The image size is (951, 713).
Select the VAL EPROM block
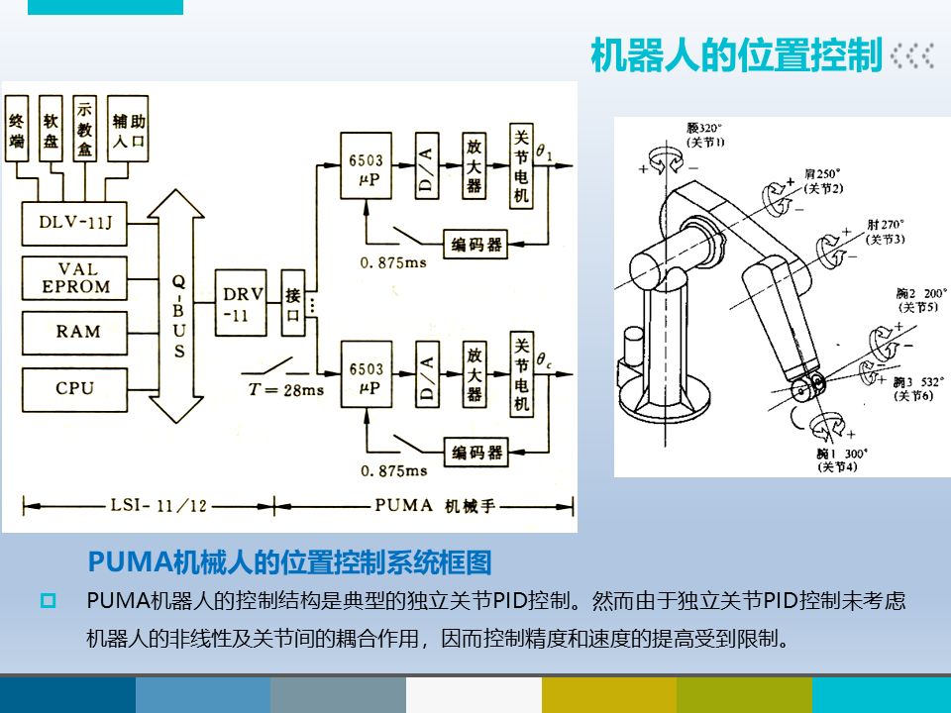click(x=78, y=278)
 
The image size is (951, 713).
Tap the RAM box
click(x=78, y=332)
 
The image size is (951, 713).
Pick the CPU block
click(x=75, y=388)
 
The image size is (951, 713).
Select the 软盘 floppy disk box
click(x=50, y=131)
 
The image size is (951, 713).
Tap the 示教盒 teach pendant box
click(x=85, y=131)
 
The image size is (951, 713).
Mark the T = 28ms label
click(x=286, y=389)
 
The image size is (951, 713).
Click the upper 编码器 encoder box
click(x=474, y=244)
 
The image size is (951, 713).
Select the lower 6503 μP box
click(x=366, y=374)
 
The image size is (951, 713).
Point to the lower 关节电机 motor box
click(x=522, y=374)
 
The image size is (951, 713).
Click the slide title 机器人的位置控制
click(x=735, y=56)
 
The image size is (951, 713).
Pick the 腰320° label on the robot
click(x=705, y=130)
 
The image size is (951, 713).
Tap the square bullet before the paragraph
click(x=47, y=600)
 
